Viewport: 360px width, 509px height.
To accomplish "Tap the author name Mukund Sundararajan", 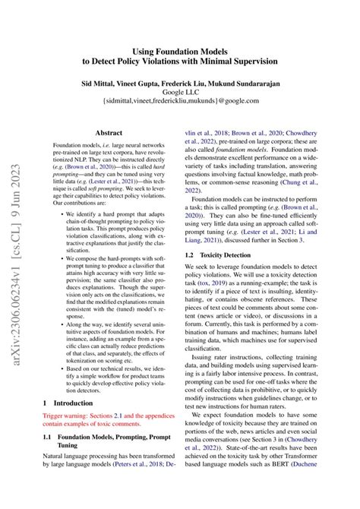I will pyautogui.click(x=256, y=78).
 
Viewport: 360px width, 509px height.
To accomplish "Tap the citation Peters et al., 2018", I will pyautogui.click(x=142, y=463).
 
